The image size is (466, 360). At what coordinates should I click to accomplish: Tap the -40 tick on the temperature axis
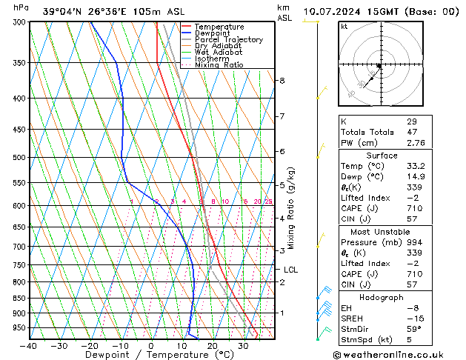[30, 346]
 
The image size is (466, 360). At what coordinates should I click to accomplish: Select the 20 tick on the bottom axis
[213, 346]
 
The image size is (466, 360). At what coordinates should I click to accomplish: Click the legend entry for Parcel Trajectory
[228, 39]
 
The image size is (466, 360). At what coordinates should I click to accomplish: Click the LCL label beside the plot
[290, 270]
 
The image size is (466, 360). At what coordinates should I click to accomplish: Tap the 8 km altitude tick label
[282, 80]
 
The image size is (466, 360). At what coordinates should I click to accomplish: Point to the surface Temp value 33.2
[416, 167]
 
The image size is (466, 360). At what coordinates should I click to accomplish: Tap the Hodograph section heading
[382, 297]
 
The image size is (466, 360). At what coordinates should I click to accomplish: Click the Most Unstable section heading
[382, 231]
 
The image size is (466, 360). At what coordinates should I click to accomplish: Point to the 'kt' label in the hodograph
[344, 27]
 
